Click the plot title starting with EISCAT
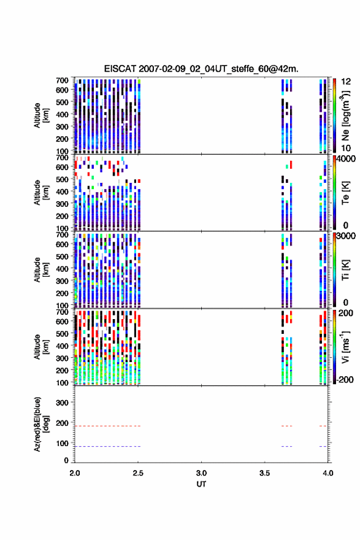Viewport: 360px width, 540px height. [201, 69]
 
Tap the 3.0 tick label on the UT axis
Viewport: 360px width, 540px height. [201, 473]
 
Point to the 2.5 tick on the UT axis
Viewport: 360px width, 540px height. [138, 473]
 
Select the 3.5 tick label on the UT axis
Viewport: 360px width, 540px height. [265, 473]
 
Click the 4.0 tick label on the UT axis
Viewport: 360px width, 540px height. [328, 473]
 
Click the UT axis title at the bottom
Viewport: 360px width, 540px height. [201, 484]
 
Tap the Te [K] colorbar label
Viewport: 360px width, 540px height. [345, 193]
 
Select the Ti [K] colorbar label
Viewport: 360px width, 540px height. [345, 270]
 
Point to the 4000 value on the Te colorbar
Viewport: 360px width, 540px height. [346, 159]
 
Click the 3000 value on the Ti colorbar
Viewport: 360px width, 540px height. [346, 236]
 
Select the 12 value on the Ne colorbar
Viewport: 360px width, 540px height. [346, 82]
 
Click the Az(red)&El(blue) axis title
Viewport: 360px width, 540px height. [41, 424]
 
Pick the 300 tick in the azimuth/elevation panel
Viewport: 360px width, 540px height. [62, 403]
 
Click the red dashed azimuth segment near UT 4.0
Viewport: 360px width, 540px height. [323, 426]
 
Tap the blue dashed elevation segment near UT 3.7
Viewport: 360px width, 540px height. [286, 446]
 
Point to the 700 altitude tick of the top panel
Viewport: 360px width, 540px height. [62, 80]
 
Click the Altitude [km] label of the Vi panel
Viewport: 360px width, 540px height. [41, 347]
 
